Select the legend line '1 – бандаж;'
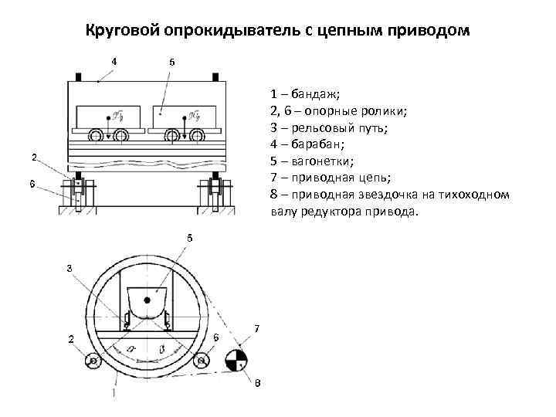click(306, 95)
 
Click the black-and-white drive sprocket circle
click(236, 360)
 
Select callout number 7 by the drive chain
click(256, 329)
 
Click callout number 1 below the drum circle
click(114, 393)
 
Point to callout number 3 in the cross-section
click(69, 268)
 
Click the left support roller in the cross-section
click(93, 361)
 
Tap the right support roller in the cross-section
click(202, 361)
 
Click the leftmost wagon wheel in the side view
click(97, 137)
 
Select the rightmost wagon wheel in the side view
click(197, 137)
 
